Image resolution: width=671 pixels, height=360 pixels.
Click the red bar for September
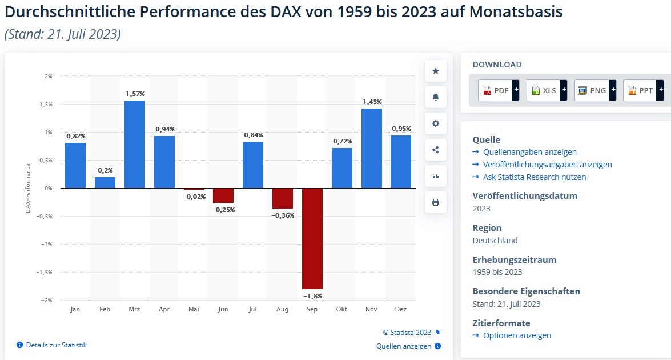(312, 238)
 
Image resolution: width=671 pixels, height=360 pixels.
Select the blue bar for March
(135, 144)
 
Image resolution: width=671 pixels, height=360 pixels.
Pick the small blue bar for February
(105, 182)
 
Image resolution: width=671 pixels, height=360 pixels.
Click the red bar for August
(283, 198)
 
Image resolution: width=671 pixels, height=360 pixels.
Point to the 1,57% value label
(135, 94)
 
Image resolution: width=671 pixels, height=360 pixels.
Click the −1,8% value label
(312, 295)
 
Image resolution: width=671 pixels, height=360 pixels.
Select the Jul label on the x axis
(253, 309)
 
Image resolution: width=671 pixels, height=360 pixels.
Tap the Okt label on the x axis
(342, 309)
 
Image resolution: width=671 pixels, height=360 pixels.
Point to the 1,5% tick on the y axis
(47, 104)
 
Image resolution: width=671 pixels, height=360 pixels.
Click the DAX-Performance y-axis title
(27, 188)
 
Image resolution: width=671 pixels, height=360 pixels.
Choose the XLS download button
(547, 90)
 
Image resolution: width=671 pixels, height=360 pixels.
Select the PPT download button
(643, 90)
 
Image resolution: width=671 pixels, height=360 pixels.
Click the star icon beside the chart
(436, 71)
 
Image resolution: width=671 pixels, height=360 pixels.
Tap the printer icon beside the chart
(436, 202)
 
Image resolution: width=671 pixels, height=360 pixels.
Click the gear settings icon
(436, 123)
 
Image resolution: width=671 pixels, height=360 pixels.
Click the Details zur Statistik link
(56, 345)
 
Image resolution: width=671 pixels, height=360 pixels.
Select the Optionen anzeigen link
(517, 335)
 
